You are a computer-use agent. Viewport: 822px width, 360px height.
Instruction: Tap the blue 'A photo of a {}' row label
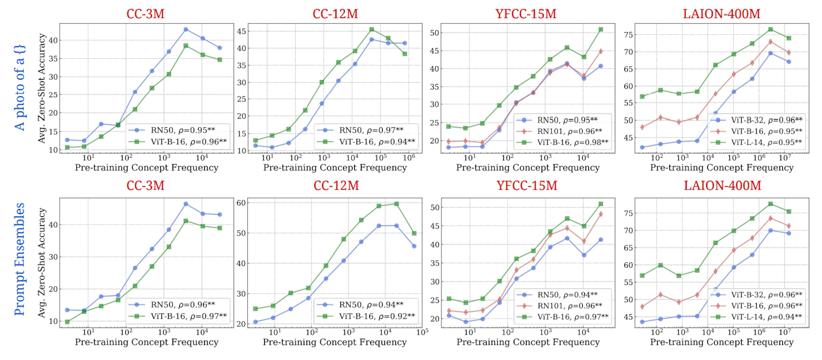point(20,88)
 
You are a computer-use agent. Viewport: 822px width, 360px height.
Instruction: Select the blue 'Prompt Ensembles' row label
point(20,259)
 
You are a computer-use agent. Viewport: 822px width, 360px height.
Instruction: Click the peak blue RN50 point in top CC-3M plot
point(186,29)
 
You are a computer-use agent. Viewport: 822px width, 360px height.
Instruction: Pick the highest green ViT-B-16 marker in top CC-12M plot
point(372,29)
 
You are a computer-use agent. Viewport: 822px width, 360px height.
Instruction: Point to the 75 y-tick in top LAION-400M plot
point(628,35)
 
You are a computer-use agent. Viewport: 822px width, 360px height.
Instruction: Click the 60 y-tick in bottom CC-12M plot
point(241,203)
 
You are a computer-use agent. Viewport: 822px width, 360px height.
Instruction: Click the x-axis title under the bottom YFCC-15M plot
point(528,342)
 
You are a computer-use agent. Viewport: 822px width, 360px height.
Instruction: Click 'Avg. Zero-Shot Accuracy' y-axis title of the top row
point(42,88)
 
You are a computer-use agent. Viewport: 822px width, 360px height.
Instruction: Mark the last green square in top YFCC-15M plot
point(600,29)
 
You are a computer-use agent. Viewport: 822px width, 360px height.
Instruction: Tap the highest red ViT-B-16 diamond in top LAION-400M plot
point(770,42)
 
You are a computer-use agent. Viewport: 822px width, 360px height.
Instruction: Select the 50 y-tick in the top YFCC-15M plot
point(435,33)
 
